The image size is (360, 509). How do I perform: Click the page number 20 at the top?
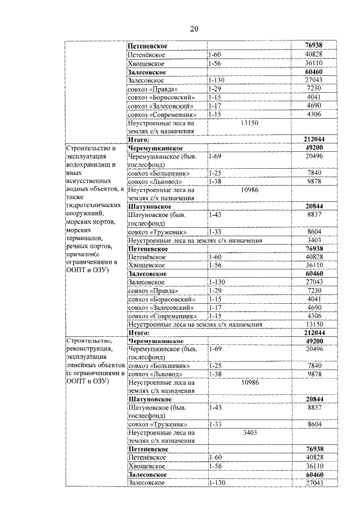[193, 29]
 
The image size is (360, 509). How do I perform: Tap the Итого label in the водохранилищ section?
[138, 332]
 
